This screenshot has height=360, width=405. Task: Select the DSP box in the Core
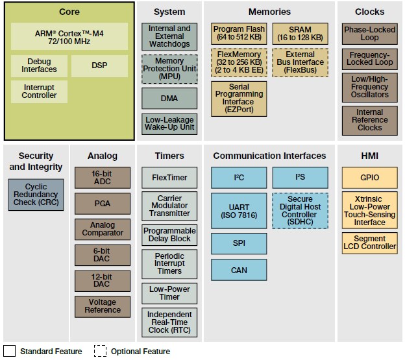tap(99, 66)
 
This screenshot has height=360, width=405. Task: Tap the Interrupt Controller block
tap(39, 91)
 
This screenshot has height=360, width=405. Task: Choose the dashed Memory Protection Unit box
tap(169, 69)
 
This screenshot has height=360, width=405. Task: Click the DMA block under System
tap(169, 99)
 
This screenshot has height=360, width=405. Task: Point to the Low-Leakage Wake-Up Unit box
tap(169, 124)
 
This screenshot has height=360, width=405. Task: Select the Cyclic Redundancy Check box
tap(36, 195)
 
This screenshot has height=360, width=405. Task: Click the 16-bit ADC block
tap(103, 178)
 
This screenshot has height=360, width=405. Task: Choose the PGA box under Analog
tap(103, 204)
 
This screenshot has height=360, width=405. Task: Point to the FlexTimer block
tap(169, 177)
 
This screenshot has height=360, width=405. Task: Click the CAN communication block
tap(239, 270)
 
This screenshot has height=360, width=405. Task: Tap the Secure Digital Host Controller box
tap(300, 211)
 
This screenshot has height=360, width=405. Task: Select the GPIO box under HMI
tap(370, 177)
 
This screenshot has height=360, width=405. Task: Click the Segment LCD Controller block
tap(370, 243)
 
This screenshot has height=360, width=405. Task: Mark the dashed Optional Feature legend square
tap(100, 351)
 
